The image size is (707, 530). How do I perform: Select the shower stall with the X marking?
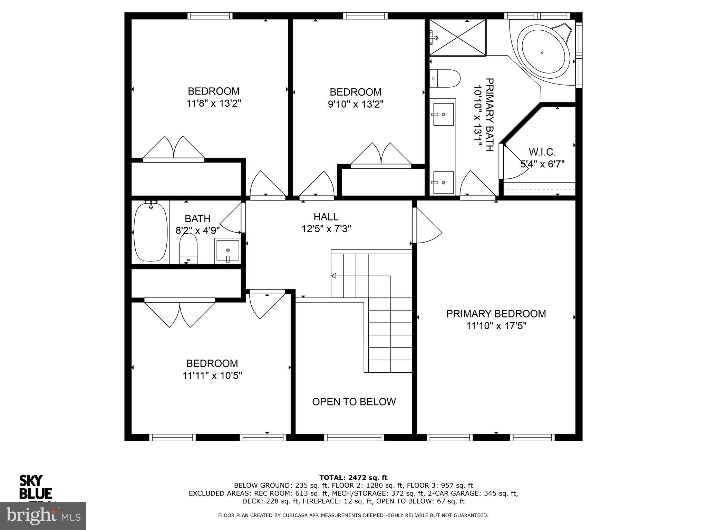pos(458,37)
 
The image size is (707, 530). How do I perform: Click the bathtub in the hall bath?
pos(151,232)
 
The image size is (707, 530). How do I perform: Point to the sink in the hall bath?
pos(227,251)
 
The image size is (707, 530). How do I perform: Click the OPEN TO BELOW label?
pos(353,402)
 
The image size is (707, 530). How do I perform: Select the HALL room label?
pos(326,217)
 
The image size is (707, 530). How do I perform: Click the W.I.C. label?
pos(542,152)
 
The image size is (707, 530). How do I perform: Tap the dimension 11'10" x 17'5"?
pos(496,326)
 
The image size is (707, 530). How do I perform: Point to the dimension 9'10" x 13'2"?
pos(355,104)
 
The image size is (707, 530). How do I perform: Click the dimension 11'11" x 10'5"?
pos(212,375)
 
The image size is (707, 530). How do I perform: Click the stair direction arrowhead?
pos(333,276)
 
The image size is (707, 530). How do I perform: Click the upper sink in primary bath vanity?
pos(443,114)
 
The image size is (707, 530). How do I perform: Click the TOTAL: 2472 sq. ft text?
pos(353,478)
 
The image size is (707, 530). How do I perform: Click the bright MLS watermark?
pos(43,516)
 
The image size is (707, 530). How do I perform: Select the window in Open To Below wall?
pos(354,438)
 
